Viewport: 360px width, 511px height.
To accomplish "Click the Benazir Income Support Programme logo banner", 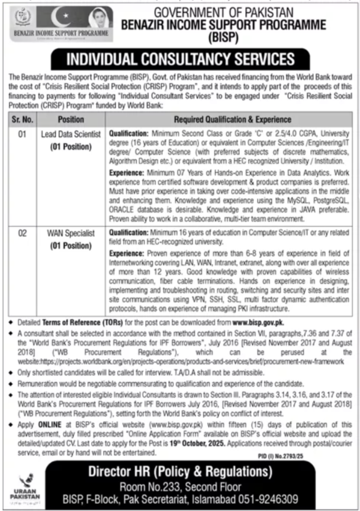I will (x=61, y=23).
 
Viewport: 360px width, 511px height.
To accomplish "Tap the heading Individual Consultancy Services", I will (x=180, y=59).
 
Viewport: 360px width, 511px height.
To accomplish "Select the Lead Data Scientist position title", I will (x=71, y=134).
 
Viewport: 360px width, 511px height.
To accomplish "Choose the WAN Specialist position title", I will (x=71, y=234).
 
